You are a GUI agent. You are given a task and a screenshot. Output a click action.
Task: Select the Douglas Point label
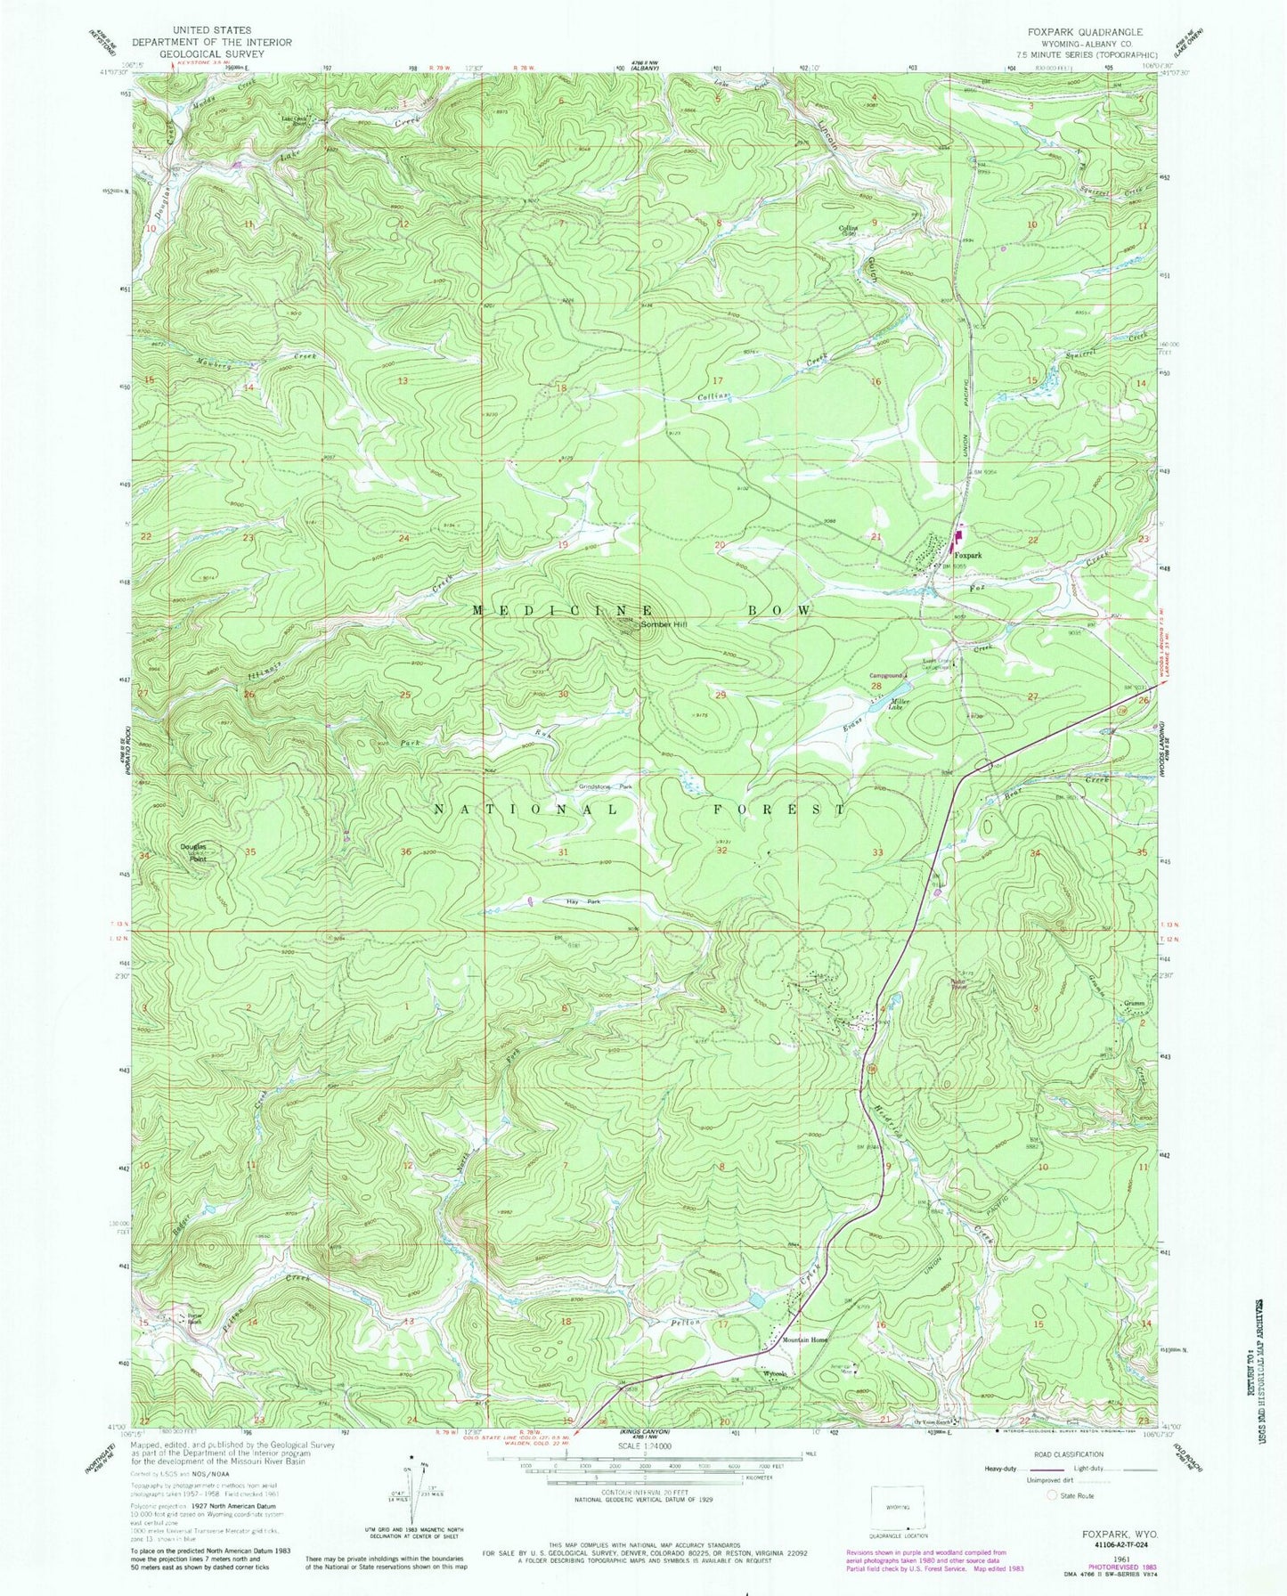tap(194, 853)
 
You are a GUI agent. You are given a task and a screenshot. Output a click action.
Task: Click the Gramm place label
tap(1133, 1004)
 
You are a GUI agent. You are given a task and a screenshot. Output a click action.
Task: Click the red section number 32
tap(722, 851)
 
